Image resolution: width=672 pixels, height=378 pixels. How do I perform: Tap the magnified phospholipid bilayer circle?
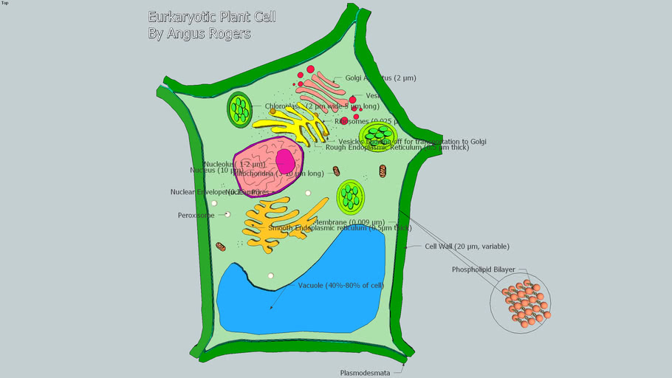point(521,302)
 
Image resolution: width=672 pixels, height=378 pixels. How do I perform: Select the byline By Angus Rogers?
point(199,34)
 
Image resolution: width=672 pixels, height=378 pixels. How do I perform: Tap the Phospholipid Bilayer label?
point(484,269)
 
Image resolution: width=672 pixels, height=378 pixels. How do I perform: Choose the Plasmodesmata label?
point(365,373)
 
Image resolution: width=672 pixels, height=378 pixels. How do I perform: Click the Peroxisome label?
point(196,216)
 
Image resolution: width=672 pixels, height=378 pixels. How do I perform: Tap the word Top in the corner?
point(5,3)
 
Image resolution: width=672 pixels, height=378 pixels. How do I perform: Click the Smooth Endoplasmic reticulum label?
point(340,228)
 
